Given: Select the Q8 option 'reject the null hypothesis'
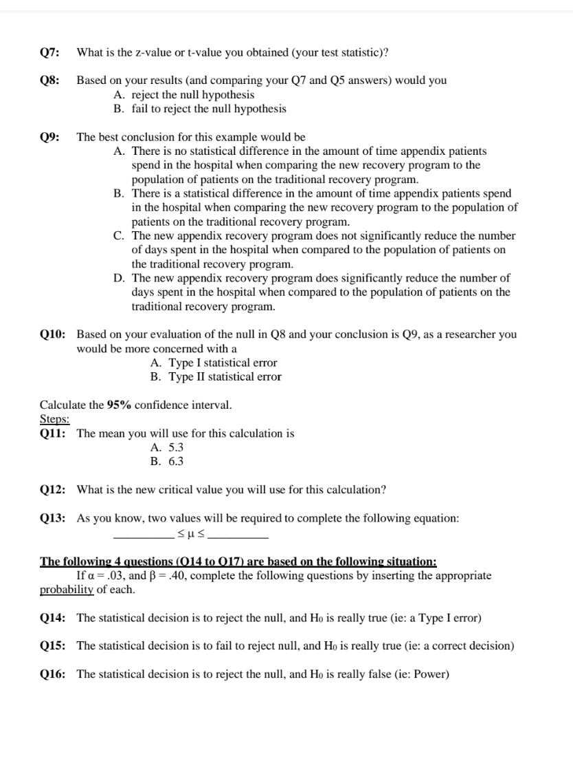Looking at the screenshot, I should (x=192, y=95).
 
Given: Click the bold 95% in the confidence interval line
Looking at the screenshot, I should (x=120, y=405).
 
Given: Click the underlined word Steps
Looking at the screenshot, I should (x=54, y=419).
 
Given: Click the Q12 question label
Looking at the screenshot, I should (x=52, y=489).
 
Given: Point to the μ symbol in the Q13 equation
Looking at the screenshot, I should (x=192, y=533).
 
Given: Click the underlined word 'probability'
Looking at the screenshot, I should (x=67, y=590).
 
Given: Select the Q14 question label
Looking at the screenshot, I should (x=52, y=618).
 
